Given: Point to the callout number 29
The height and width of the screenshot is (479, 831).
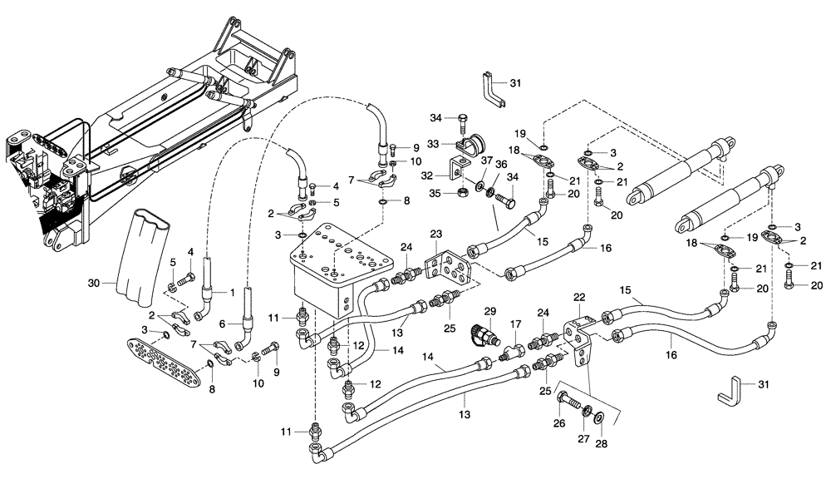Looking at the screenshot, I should tap(490, 310).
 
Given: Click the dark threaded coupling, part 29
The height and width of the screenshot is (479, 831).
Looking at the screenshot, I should tap(481, 333).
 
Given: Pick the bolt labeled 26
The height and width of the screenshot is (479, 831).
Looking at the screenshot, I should tap(568, 402).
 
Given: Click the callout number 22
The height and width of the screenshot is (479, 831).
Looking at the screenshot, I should tap(579, 298).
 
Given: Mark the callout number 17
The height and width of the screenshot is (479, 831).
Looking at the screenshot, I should tap(516, 324).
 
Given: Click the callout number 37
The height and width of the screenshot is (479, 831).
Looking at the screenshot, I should tap(488, 161).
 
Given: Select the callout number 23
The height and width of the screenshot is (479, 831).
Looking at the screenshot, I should tap(436, 235).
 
